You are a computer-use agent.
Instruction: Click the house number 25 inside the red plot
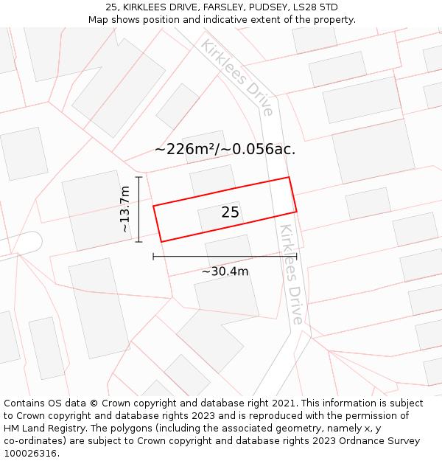click(x=230, y=212)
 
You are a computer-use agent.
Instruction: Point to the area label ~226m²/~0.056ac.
click(x=225, y=149)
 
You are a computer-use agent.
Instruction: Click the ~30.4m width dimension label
click(x=225, y=271)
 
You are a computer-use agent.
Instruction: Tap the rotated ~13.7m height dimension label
click(x=124, y=209)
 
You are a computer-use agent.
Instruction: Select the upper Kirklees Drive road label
click(x=238, y=77)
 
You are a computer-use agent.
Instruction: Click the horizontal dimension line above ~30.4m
click(x=225, y=257)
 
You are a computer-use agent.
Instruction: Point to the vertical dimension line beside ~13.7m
click(x=138, y=209)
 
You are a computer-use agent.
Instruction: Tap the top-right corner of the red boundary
click(x=288, y=178)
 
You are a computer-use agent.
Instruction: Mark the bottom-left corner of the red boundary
click(x=161, y=241)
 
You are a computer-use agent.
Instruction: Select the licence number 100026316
click(x=31, y=454)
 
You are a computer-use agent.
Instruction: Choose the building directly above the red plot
click(x=213, y=180)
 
